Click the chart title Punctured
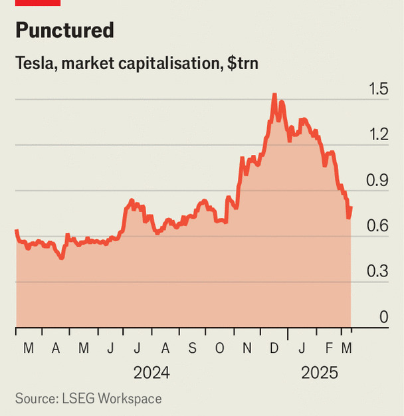(64, 30)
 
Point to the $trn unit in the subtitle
(241, 64)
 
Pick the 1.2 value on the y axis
(379, 135)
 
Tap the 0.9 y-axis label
(379, 181)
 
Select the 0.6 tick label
(379, 227)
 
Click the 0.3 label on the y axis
(379, 272)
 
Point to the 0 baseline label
(383, 318)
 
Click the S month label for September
(192, 348)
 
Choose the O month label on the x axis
(220, 348)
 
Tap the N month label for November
(247, 348)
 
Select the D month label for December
(274, 348)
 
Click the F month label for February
(329, 348)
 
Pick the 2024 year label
(151, 373)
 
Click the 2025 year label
(320, 373)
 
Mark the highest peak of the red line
(274, 95)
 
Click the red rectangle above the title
(38, 3)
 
